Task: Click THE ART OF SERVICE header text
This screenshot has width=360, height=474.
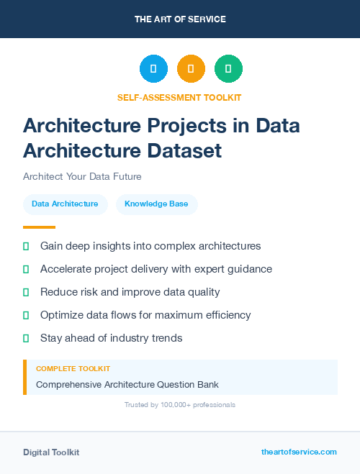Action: (180, 19)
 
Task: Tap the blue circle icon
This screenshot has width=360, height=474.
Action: (153, 69)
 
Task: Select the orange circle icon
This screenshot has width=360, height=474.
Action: (191, 69)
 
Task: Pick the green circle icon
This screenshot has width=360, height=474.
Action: (228, 69)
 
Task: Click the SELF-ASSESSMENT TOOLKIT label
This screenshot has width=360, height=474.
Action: (179, 97)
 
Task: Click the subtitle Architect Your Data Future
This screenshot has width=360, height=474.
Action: (82, 176)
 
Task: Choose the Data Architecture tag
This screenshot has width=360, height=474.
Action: (65, 204)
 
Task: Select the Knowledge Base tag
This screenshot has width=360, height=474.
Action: (156, 204)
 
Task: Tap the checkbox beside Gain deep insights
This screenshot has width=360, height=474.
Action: (26, 246)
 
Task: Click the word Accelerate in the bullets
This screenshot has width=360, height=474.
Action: (67, 269)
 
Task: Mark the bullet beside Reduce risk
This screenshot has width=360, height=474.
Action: (26, 292)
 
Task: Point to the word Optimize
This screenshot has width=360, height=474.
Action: (62, 315)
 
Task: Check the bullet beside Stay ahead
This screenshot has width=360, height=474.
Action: (26, 338)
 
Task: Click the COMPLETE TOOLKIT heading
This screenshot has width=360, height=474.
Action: (73, 368)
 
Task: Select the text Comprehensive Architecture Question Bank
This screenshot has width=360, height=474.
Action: (127, 384)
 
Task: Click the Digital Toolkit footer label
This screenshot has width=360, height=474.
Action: (51, 452)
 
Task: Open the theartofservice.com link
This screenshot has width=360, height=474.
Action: (299, 452)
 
